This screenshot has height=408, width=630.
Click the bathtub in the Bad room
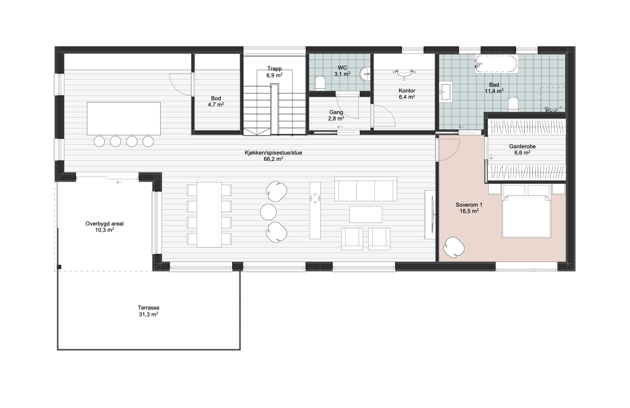coord(496,64)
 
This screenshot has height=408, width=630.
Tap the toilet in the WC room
coord(320,83)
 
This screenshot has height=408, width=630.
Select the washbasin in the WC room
coord(365,74)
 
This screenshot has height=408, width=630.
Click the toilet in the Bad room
coord(513,104)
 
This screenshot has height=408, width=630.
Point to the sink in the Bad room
coord(446,92)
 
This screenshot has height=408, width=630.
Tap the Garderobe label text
coord(522,146)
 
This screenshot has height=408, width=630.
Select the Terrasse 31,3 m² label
coord(148,311)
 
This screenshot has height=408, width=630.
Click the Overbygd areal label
coord(104,224)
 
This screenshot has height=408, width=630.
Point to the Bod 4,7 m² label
coord(216,102)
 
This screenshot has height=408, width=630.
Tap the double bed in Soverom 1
coord(526,211)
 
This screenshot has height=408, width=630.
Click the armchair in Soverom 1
coord(454,247)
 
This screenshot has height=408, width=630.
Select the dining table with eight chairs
coord(209,215)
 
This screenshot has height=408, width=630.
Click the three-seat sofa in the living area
coord(365,189)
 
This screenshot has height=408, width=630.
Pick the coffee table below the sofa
coord(365,214)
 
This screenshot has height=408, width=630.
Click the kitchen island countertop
coord(124,119)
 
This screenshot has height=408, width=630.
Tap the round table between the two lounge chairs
coord(268,212)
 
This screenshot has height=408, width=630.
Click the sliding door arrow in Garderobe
coord(491,156)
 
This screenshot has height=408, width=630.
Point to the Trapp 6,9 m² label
coord(274,72)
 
